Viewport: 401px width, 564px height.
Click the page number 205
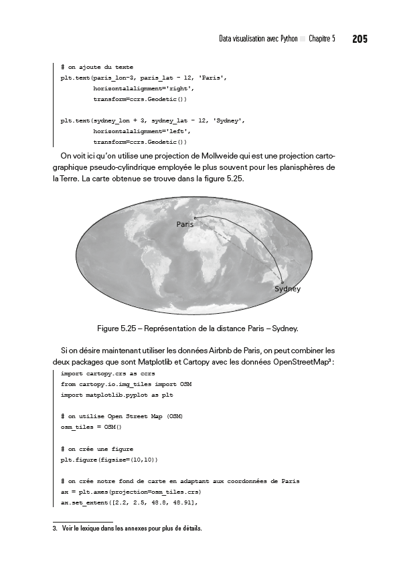359,39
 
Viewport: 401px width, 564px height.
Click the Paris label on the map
185,225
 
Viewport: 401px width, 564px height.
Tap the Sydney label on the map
287,289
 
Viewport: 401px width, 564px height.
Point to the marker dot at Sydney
283,282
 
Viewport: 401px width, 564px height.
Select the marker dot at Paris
195,217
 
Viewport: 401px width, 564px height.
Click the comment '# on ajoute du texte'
96,68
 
